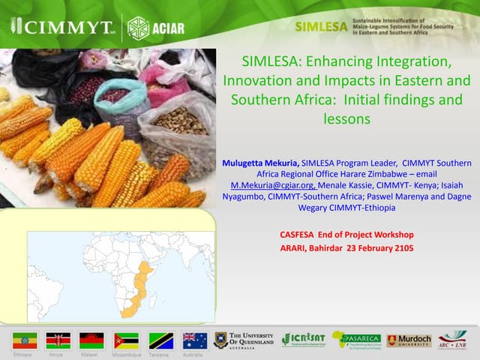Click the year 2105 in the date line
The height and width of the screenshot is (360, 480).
pyautogui.click(x=399, y=248)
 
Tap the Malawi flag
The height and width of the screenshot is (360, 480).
pyautogui.click(x=91, y=340)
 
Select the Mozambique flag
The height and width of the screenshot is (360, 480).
pyautogui.click(x=126, y=340)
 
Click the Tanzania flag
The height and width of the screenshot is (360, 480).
pyautogui.click(x=160, y=340)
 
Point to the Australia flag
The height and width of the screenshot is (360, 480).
pyautogui.click(x=195, y=340)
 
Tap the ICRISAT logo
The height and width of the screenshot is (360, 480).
pyautogui.click(x=304, y=340)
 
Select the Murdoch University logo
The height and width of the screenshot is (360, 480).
pyautogui.click(x=409, y=340)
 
